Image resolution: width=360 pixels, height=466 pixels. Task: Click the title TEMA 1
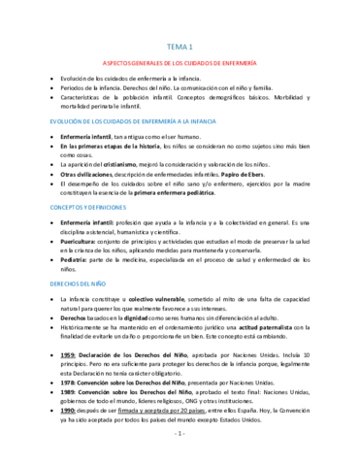(x=180, y=46)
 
